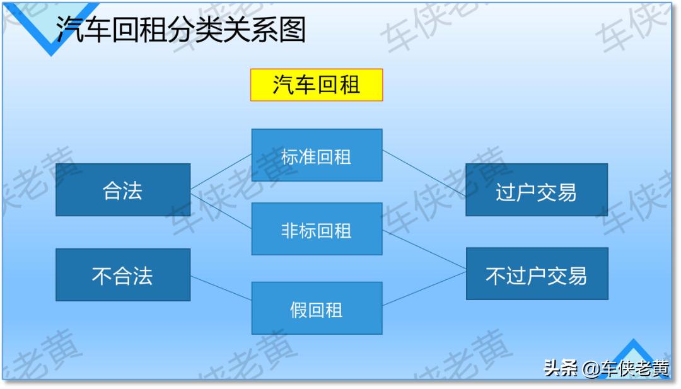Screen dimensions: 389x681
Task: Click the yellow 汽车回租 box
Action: click(317, 85)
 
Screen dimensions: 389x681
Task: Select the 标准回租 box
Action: click(317, 155)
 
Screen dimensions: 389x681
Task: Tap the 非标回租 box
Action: click(317, 229)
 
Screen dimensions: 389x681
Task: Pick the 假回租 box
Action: click(317, 308)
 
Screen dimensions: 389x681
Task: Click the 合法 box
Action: click(123, 190)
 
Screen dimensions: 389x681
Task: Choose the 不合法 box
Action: click(123, 275)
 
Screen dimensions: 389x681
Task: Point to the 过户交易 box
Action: click(537, 190)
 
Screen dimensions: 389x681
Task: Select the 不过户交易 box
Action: click(537, 274)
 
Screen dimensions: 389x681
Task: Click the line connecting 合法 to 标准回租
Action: click(221, 171)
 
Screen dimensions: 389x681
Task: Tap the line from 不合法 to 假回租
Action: click(221, 287)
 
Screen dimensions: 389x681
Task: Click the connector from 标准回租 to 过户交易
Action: click(424, 173)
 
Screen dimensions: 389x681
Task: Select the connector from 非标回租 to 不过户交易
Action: click(424, 251)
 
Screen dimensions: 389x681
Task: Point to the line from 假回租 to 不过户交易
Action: click(424, 289)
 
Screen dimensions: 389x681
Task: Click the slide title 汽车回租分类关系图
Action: click(180, 29)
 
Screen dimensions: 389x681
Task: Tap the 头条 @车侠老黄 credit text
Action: click(606, 368)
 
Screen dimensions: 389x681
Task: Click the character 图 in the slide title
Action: click(292, 29)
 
